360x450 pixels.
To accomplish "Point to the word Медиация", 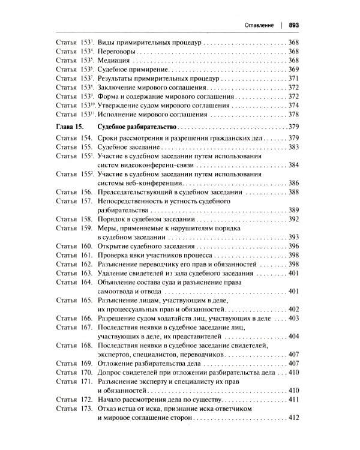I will click(x=113, y=61).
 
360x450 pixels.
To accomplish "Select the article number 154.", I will click(x=83, y=138).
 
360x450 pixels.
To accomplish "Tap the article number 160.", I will click(x=83, y=247).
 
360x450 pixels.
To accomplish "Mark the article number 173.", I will click(x=83, y=408).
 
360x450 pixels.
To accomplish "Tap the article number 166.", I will click(x=83, y=318).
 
